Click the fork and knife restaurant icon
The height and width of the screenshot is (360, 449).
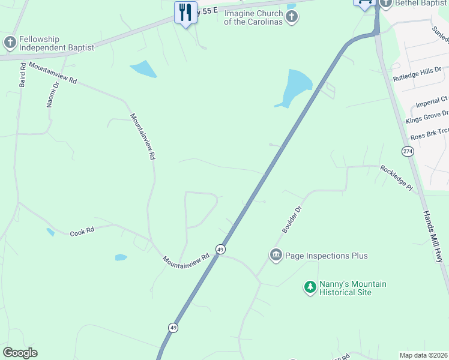click(185, 11)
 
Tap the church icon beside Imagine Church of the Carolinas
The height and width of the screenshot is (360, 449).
click(292, 16)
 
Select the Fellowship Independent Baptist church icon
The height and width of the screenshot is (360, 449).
click(10, 43)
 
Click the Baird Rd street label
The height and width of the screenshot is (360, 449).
click(22, 74)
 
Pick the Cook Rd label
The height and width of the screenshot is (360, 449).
click(82, 232)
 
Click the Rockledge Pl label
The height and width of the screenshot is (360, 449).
click(397, 178)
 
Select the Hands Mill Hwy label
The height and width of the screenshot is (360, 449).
click(432, 236)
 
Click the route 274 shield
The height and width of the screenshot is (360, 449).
click(408, 151)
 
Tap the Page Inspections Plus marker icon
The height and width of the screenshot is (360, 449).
click(276, 256)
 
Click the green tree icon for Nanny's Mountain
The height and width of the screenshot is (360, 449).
click(310, 288)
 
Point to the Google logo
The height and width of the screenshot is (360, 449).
click(20, 353)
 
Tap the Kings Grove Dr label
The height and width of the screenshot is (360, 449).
click(427, 116)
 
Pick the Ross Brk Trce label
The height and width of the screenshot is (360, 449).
click(430, 133)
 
